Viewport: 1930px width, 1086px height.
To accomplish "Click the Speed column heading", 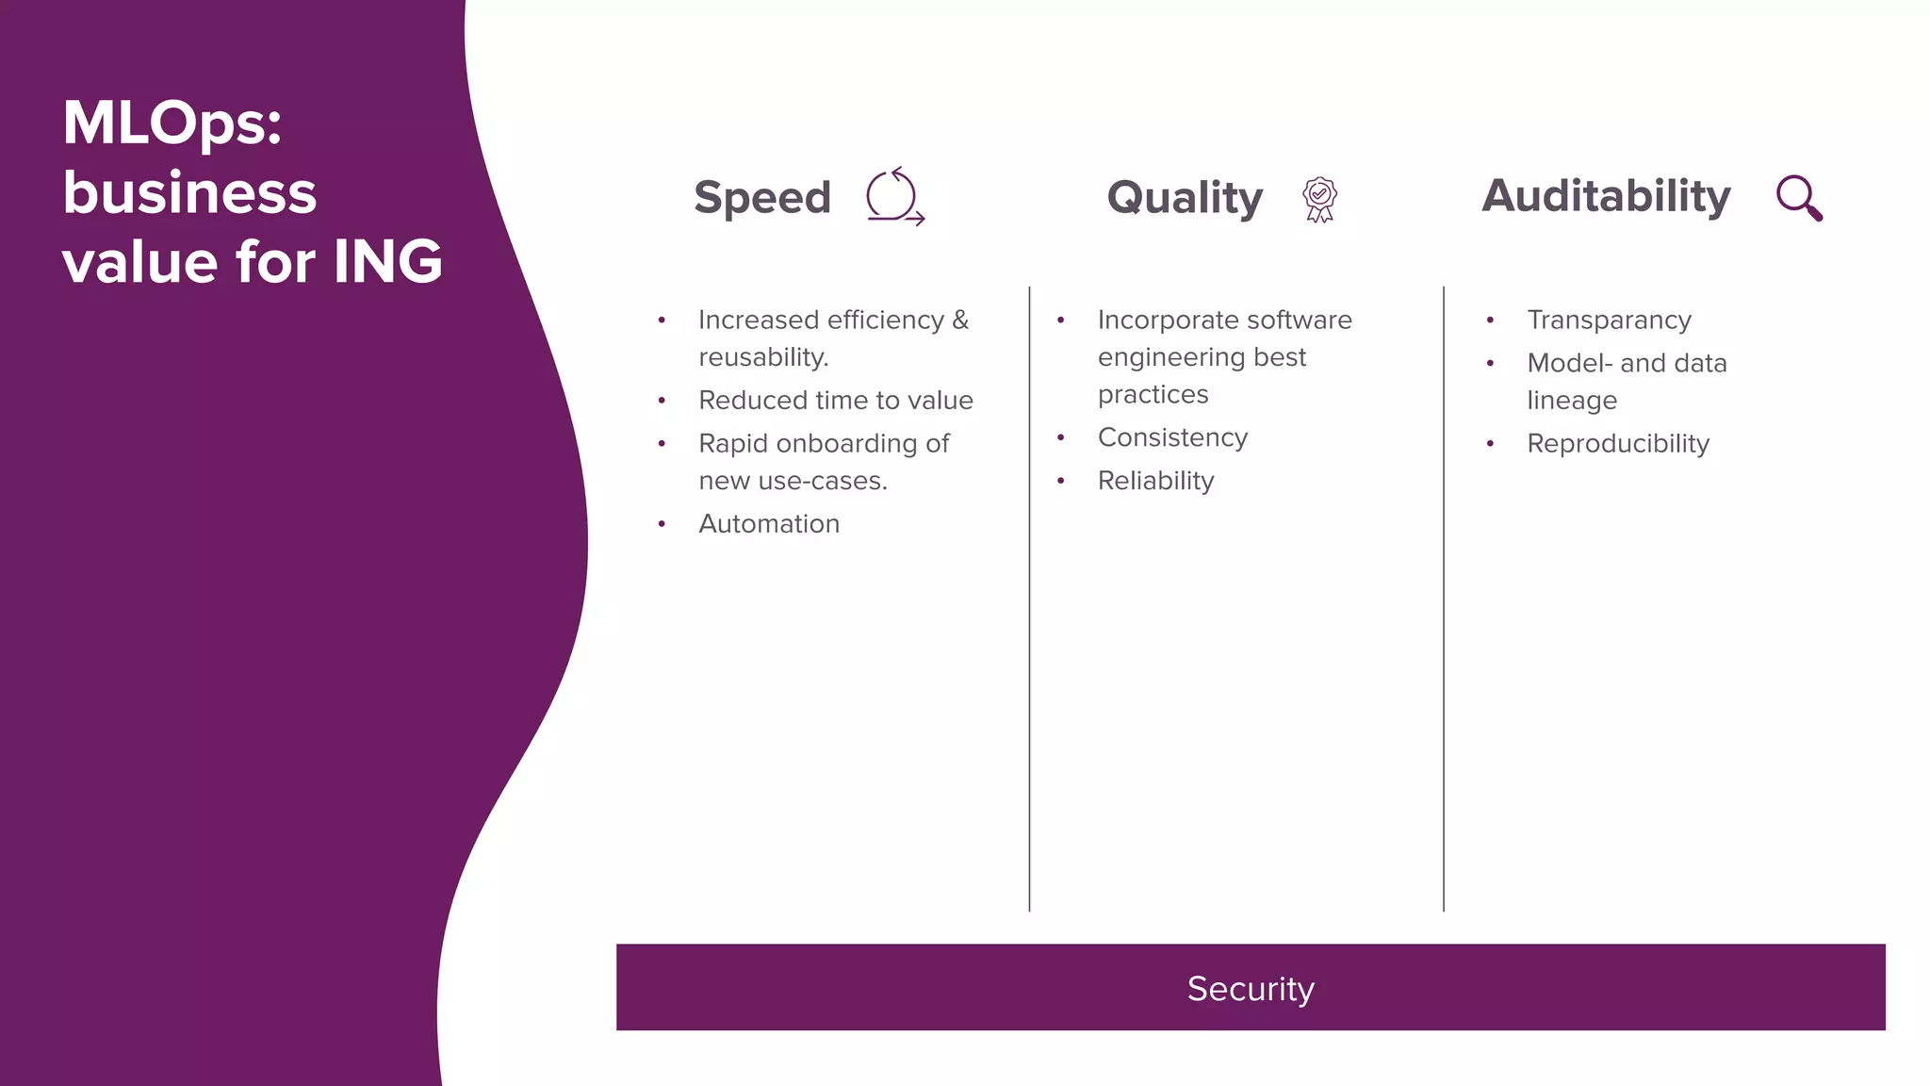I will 761,198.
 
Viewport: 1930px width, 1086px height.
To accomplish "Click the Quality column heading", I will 1185,198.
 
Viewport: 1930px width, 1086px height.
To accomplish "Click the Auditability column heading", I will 1606,196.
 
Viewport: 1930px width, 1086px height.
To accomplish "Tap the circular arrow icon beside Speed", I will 893,197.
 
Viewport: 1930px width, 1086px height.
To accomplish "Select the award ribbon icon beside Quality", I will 1319,199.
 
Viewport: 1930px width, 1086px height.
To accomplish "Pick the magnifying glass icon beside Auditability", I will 1798,198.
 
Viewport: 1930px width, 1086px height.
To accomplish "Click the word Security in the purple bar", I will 1251,989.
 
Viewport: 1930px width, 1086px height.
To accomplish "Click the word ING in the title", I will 387,261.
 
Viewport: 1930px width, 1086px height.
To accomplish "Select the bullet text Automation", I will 769,524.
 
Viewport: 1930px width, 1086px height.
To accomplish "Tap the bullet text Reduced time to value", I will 836,401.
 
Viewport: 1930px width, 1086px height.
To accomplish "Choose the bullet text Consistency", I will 1172,437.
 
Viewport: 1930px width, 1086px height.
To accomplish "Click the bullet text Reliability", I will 1155,481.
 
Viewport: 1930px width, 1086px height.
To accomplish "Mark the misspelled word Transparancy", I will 1609,321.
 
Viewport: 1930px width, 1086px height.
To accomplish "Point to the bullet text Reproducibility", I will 1618,444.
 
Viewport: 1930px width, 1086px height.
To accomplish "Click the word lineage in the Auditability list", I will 1572,401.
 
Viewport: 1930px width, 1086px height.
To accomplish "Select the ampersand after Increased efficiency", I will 960,321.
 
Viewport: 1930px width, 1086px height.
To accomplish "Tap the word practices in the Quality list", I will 1153,395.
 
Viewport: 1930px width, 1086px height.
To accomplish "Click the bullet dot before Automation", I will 662,524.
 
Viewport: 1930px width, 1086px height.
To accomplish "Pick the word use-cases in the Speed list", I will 822,482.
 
